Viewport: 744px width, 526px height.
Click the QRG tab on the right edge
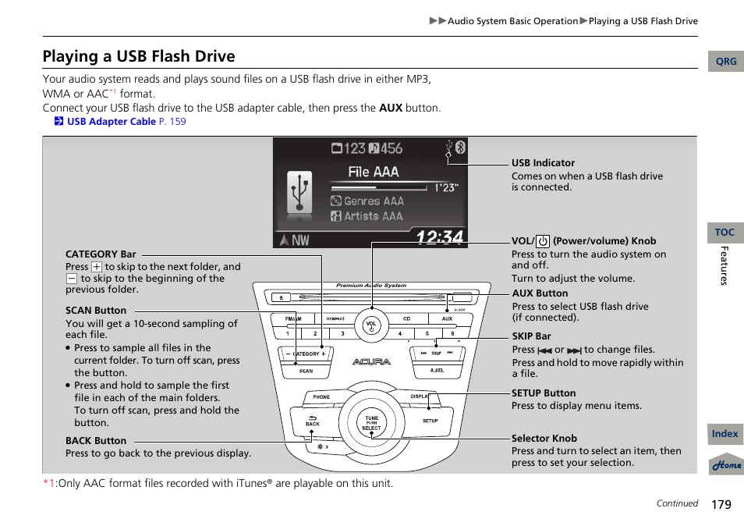(725, 62)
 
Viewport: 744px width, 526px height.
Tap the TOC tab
(725, 233)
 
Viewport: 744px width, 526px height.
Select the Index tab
(725, 434)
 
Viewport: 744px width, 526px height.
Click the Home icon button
(726, 464)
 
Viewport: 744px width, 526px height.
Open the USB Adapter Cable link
(111, 122)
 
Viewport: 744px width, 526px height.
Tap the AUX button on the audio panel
(447, 319)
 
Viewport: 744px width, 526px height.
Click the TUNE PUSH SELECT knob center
(372, 422)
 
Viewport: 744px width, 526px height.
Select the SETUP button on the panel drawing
(430, 421)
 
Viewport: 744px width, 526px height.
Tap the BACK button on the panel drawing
(313, 421)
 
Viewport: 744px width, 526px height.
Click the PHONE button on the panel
(321, 396)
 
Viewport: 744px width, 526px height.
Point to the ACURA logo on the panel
(371, 362)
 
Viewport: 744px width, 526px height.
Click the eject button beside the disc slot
(282, 297)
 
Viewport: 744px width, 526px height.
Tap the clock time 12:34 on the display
(439, 237)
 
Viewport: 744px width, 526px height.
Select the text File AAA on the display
(373, 172)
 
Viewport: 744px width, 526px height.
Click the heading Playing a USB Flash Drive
(139, 56)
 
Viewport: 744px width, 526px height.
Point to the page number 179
(721, 504)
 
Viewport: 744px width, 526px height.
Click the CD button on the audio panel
(406, 319)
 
